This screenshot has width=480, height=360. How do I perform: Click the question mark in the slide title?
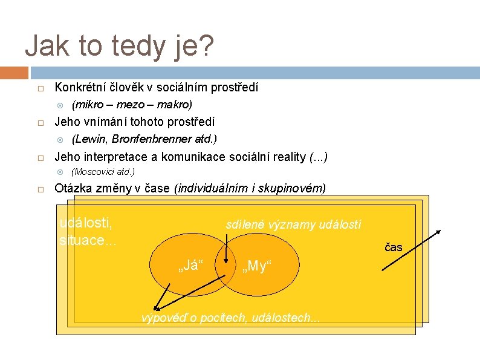pyautogui.click(x=206, y=47)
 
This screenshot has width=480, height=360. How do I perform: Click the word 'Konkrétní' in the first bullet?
pyautogui.click(x=78, y=88)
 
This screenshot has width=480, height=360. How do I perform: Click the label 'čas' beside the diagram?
pyautogui.click(x=394, y=247)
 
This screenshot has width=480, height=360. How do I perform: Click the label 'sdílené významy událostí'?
pyautogui.click(x=293, y=225)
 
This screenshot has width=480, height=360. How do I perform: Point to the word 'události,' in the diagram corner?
pyautogui.click(x=87, y=222)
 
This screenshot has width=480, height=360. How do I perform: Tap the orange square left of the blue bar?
pyautogui.click(x=14, y=73)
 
